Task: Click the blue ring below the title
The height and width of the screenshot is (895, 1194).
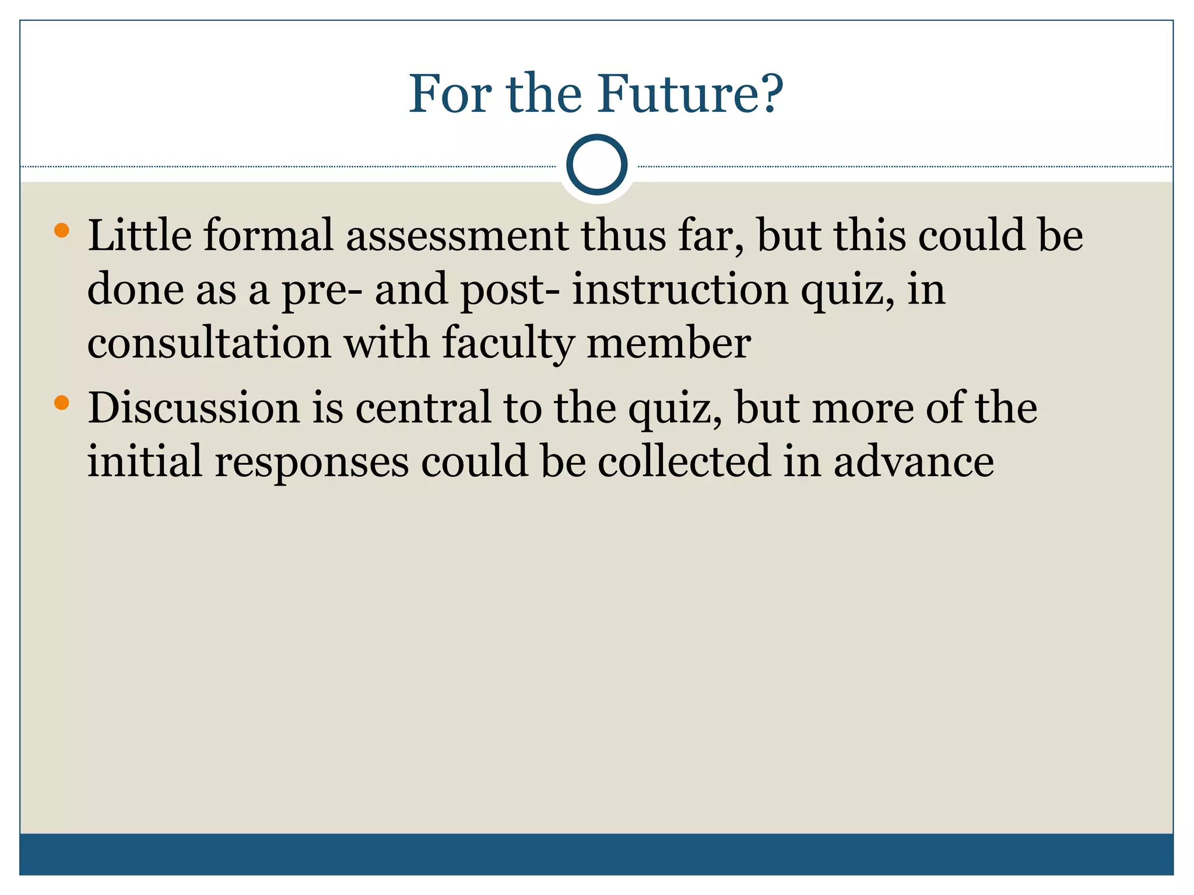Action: point(596,165)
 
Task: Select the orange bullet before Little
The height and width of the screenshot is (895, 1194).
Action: point(61,231)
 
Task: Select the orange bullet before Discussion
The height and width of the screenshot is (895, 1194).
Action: point(61,402)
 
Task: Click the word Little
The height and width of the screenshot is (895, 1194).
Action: point(139,235)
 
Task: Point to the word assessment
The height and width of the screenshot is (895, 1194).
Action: point(457,235)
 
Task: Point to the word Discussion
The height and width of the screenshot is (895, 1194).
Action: point(193,407)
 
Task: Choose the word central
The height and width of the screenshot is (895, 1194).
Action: point(423,407)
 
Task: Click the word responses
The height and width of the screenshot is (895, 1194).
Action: point(312,462)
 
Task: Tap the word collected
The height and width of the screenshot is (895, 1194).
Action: point(684,461)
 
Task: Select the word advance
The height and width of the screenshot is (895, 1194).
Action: point(914,461)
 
